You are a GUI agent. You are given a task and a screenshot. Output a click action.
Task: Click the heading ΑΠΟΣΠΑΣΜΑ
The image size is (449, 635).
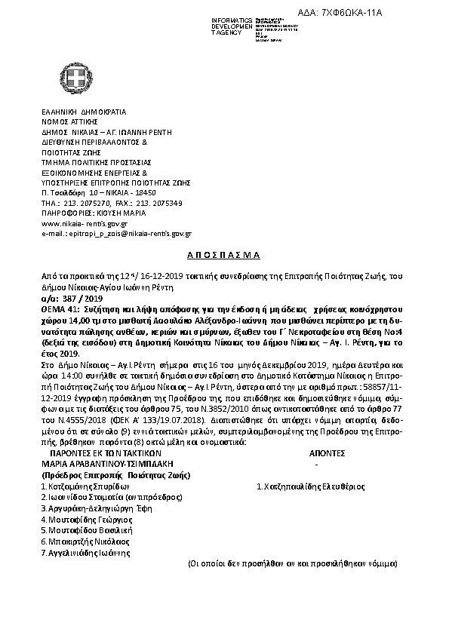[223, 256]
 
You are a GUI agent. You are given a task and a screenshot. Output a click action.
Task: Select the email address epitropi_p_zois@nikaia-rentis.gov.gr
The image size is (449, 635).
[120, 235]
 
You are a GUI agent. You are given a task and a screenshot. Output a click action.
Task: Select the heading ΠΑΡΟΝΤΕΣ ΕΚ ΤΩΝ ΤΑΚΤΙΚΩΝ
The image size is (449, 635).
[105, 454]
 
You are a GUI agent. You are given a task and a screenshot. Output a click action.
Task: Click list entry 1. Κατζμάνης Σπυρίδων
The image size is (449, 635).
[80, 486]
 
